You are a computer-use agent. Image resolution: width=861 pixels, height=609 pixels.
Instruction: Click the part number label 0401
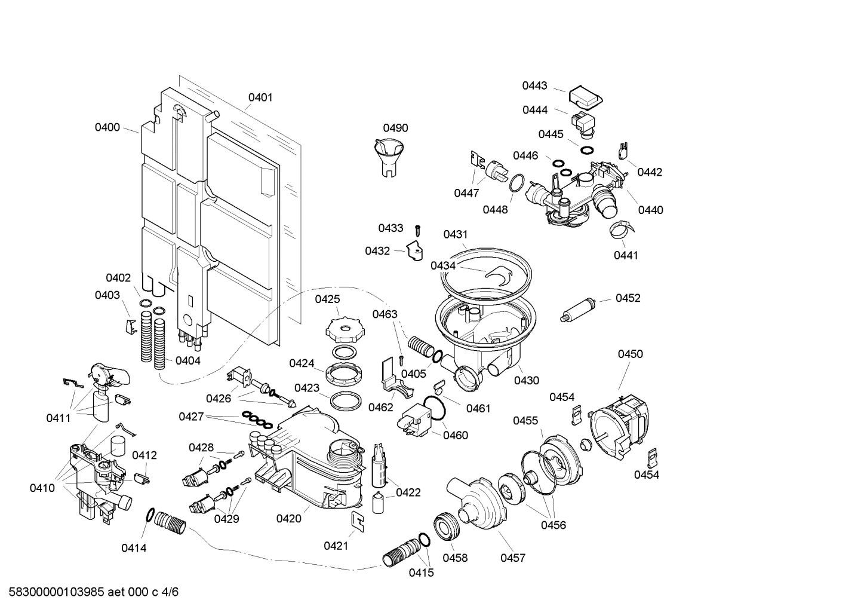[x=260, y=97]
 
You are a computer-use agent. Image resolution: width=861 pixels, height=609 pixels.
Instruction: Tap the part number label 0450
[x=630, y=354]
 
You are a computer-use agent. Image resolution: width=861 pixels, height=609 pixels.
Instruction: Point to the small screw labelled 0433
[x=418, y=231]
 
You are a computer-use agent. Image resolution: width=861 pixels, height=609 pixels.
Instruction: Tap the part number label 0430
[x=526, y=380]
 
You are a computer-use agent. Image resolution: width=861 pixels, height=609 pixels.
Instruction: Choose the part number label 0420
[x=288, y=519]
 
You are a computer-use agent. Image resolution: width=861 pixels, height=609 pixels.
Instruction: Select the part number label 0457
[x=512, y=558]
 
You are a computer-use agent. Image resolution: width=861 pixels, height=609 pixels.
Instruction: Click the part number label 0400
[x=107, y=127]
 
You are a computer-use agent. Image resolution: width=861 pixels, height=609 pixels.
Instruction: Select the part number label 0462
[x=381, y=407]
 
